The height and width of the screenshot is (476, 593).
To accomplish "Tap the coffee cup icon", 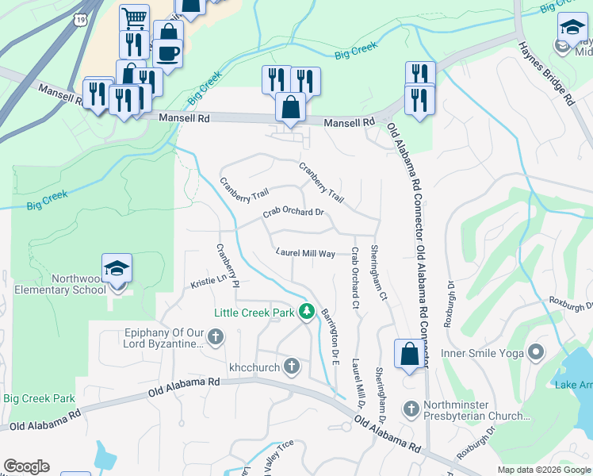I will click(x=167, y=53).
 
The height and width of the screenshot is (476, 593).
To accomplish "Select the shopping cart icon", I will click(x=135, y=17).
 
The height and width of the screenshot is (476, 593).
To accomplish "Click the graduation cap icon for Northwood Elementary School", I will click(x=117, y=268).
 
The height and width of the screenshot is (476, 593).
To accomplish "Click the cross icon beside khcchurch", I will click(x=292, y=366).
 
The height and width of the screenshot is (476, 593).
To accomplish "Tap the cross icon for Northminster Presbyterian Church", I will click(x=411, y=409).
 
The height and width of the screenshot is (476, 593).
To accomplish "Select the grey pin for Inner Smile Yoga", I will click(x=537, y=351).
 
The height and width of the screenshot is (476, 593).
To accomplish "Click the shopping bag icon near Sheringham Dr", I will click(x=409, y=354).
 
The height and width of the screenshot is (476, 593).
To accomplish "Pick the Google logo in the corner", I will click(x=26, y=466).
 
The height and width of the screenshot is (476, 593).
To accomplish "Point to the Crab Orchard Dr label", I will click(x=294, y=213).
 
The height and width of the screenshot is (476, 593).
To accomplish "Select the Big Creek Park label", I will click(x=39, y=398).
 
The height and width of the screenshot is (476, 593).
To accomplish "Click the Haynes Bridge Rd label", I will click(x=547, y=73).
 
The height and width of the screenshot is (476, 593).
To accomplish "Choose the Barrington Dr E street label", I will click(x=329, y=332).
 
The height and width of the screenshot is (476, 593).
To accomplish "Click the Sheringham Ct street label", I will click(x=378, y=274).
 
